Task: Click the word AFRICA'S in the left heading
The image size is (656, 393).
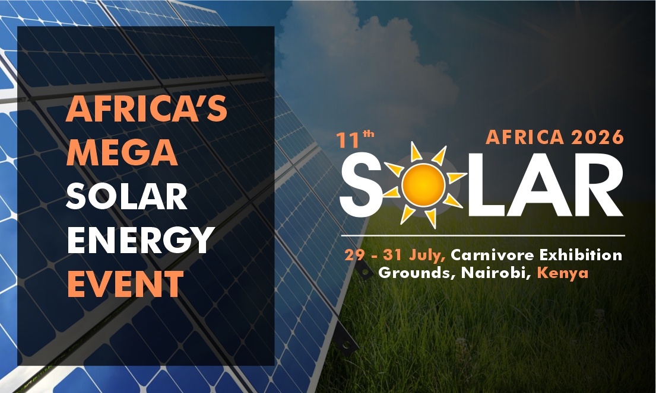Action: click(147, 108)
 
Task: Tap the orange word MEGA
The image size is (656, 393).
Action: click(122, 152)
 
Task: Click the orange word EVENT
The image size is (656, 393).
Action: click(125, 283)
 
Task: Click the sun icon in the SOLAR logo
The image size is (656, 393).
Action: click(423, 184)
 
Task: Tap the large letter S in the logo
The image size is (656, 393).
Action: click(360, 184)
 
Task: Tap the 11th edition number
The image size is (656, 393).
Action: click(355, 140)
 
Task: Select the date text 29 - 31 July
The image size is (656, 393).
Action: click(395, 255)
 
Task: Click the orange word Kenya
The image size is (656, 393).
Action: click(563, 273)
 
